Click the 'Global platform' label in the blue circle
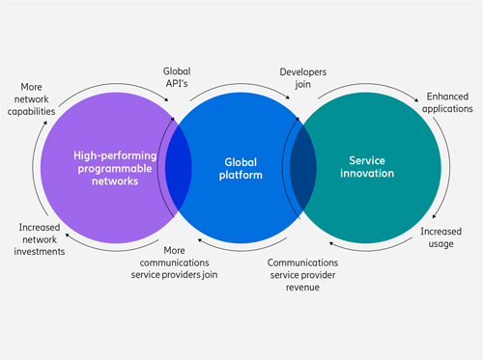[241, 169]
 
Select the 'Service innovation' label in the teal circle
[367, 167]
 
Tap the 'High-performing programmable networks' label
[115, 168]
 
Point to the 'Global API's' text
[177, 77]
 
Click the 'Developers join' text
[303, 78]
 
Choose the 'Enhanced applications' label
[447, 102]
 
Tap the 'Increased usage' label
[441, 237]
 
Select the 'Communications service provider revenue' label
[302, 275]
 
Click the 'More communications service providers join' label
[174, 263]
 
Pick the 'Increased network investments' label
[40, 239]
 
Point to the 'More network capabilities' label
[32, 99]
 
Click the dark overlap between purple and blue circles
[179, 168]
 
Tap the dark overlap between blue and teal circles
[303, 168]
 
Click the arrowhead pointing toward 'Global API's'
[166, 99]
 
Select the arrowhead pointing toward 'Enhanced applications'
[416, 100]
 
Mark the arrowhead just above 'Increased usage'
[434, 216]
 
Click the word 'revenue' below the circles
[302, 287]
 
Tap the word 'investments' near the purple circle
[40, 251]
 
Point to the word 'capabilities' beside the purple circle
[32, 111]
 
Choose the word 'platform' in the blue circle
[241, 176]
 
